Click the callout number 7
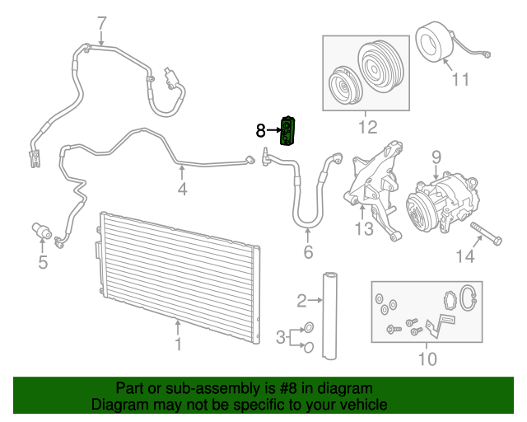(x=101, y=21)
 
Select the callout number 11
(x=459, y=79)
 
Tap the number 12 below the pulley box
(x=366, y=127)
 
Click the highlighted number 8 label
(x=260, y=130)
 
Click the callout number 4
(x=182, y=190)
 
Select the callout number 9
(x=436, y=155)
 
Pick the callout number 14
(x=465, y=257)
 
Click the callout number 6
(x=308, y=252)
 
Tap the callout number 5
(x=43, y=263)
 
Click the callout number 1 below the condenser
(x=178, y=344)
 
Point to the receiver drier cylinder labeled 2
(x=330, y=313)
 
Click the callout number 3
(x=280, y=336)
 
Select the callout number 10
(x=427, y=359)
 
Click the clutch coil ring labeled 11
(x=431, y=43)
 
